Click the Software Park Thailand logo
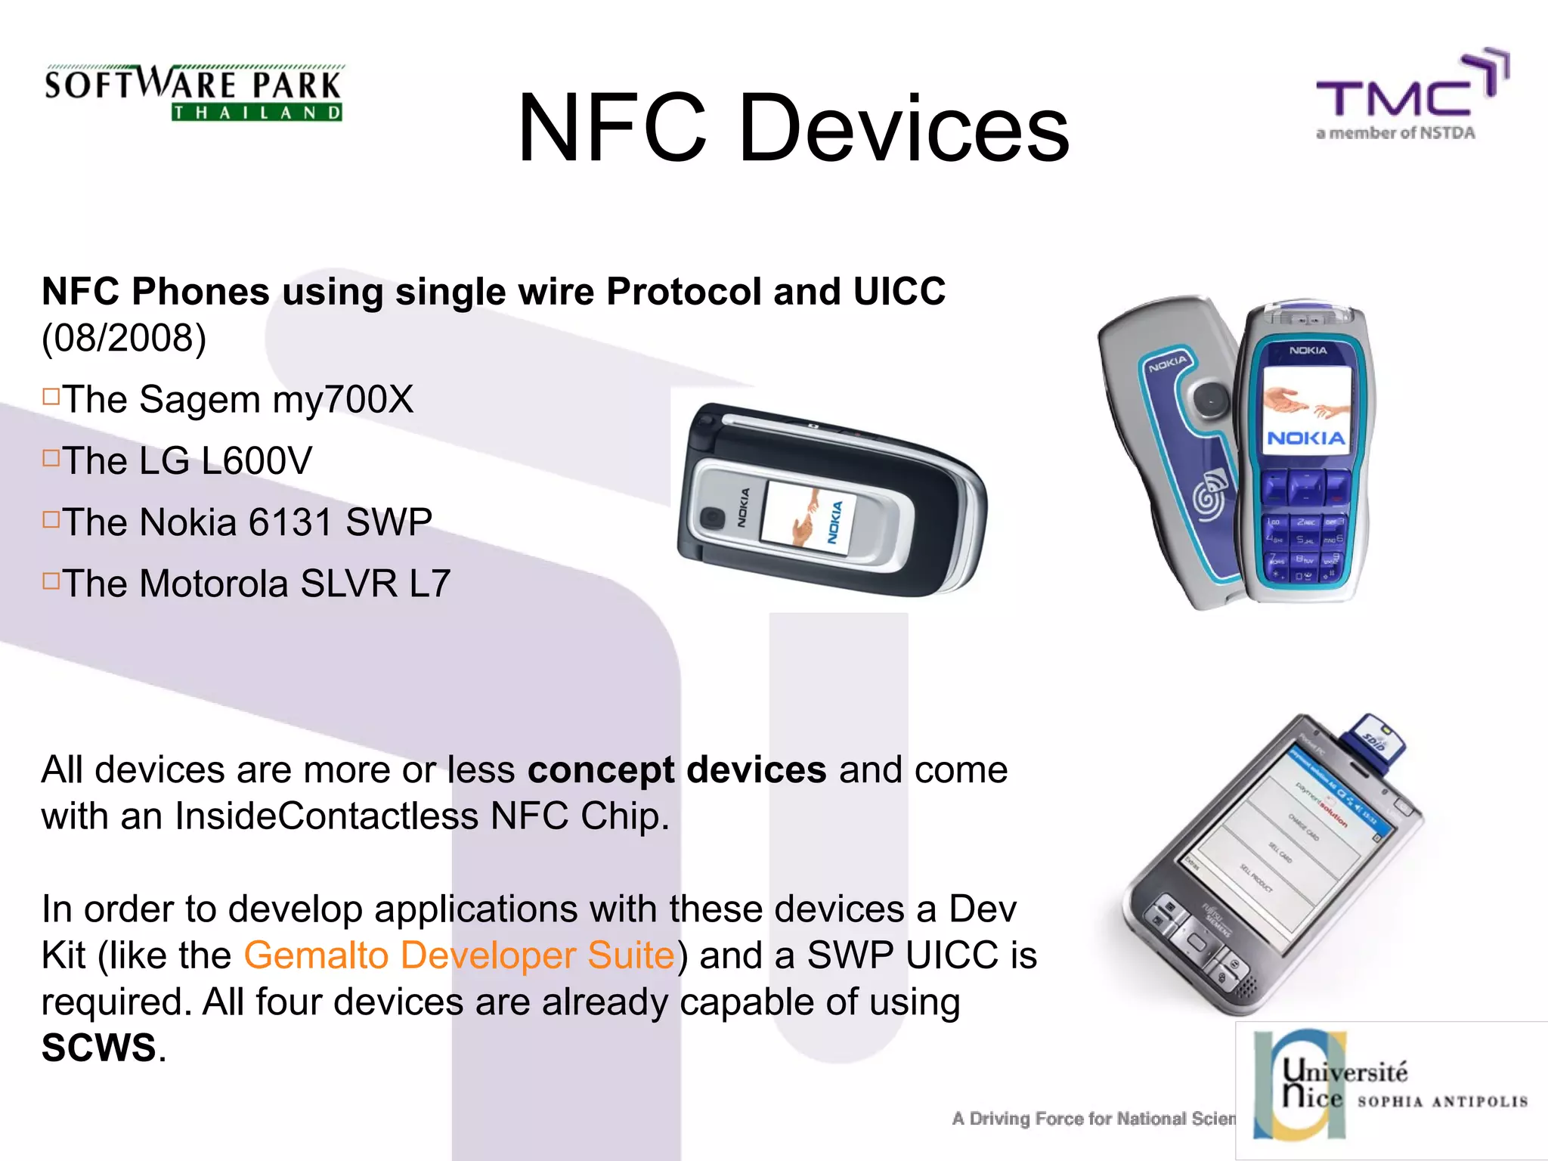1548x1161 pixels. (193, 93)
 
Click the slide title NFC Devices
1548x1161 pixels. (793, 128)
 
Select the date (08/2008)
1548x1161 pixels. (124, 337)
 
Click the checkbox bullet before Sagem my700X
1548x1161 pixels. (51, 396)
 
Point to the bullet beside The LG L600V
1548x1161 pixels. (51, 458)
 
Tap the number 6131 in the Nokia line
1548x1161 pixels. (290, 522)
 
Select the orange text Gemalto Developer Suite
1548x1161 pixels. (459, 955)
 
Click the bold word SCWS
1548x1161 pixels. (98, 1048)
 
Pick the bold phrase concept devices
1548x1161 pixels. (676, 770)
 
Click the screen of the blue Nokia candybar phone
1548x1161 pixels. (1307, 409)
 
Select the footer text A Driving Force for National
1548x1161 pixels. (1093, 1119)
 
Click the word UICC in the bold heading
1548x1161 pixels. (899, 292)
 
